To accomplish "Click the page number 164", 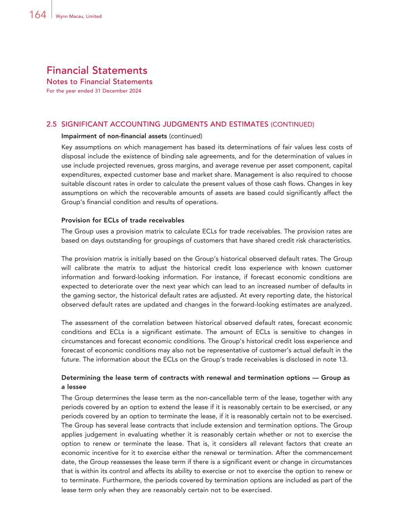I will click(x=38, y=15).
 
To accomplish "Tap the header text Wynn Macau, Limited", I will click(x=79, y=16).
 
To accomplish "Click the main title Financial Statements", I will click(x=97, y=70).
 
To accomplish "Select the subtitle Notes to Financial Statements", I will click(x=99, y=82).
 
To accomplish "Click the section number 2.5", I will click(x=51, y=124).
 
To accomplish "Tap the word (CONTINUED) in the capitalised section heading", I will click(x=292, y=125).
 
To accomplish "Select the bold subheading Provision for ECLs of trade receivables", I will click(x=123, y=220).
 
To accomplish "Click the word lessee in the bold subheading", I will click(x=77, y=387).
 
